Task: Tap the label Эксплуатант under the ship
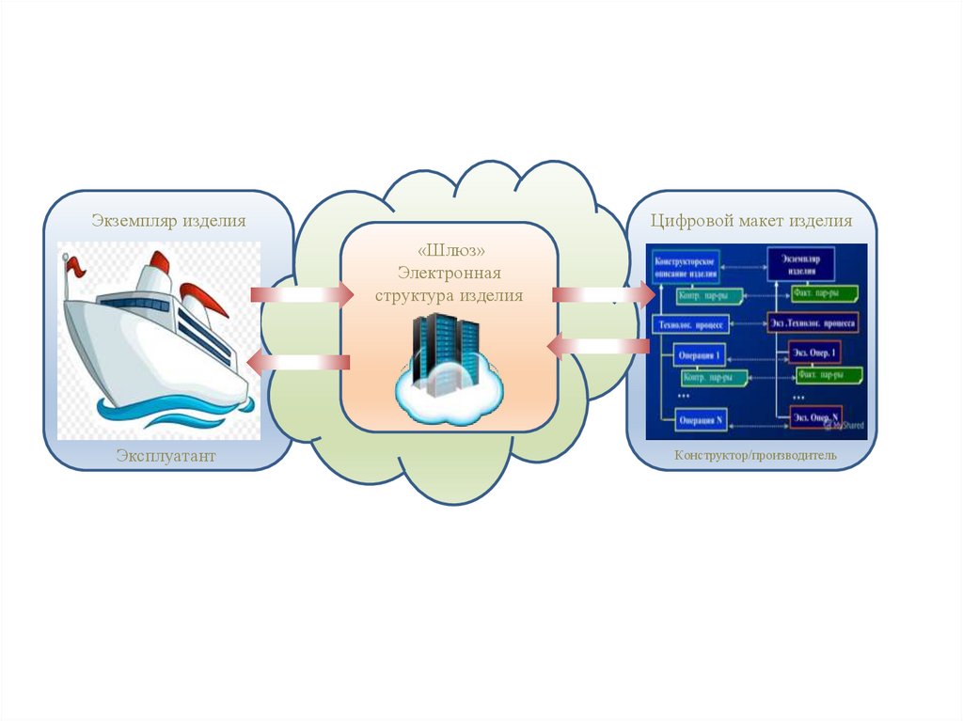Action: [x=166, y=456]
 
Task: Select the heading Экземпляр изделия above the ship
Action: [x=168, y=221]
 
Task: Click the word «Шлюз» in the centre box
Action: [x=448, y=251]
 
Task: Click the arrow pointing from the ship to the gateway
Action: [x=301, y=295]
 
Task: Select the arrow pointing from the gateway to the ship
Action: [x=299, y=362]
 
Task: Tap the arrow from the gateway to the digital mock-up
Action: [x=603, y=296]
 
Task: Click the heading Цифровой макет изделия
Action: [x=751, y=221]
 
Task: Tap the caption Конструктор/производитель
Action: [x=754, y=457]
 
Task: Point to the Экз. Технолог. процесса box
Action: [x=813, y=321]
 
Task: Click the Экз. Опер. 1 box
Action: [x=814, y=353]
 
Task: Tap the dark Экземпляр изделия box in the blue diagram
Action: [x=801, y=261]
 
